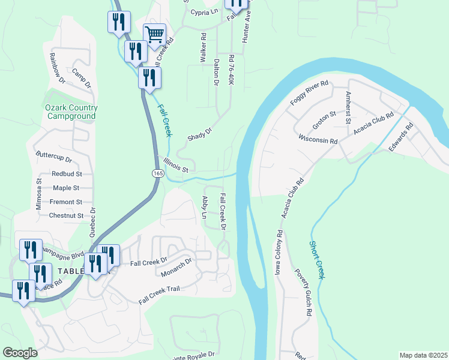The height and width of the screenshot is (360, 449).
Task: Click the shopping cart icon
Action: [154, 35]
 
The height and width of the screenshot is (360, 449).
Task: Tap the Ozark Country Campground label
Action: [71, 112]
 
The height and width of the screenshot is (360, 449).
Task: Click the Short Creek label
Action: [317, 259]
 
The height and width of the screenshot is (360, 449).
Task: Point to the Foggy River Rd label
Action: [310, 93]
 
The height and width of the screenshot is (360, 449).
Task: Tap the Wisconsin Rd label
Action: [318, 139]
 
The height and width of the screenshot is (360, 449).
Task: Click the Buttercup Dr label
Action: [53, 160]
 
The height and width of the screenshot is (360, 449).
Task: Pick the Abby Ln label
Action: [205, 207]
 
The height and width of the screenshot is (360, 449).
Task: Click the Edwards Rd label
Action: [402, 137]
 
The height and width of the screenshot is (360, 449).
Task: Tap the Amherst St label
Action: [347, 108]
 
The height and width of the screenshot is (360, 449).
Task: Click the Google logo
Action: [20, 353]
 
